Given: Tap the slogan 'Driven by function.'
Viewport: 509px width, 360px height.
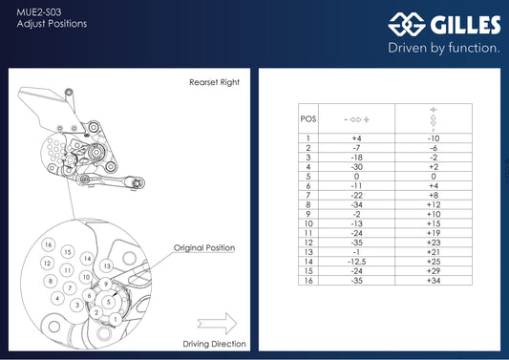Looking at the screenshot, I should pos(443,47).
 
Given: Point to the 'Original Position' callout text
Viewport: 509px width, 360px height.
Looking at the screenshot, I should pos(204,247).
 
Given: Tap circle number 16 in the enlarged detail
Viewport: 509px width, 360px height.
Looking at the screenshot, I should pos(47,246).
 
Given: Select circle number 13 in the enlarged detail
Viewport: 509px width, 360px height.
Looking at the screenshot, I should pos(107,265).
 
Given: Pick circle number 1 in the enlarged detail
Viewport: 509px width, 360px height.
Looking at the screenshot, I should pos(115,318).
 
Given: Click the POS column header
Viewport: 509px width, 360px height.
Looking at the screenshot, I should pos(308,120).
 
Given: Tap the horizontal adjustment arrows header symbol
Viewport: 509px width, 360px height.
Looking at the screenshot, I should pos(355,120).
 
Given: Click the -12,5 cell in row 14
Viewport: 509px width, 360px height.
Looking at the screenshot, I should pos(355,261).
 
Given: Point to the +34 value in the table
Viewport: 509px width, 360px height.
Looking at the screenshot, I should pos(433,281).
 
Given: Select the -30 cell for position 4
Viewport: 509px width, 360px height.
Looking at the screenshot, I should pos(355,166).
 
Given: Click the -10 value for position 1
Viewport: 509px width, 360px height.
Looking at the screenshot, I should pos(433,138).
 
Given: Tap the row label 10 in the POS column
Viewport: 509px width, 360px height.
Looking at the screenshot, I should pos(308,223).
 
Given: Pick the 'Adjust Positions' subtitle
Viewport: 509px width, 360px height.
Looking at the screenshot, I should pos(53,23).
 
